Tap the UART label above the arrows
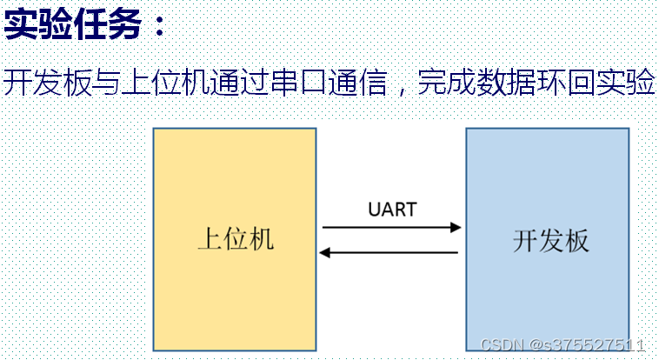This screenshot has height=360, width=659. [392, 210]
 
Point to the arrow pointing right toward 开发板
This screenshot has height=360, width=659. [391, 228]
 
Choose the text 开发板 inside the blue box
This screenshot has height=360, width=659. [551, 240]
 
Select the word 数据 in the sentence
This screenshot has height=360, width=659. [506, 83]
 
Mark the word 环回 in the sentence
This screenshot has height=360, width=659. [565, 83]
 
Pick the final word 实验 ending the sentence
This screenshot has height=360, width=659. [624, 83]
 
